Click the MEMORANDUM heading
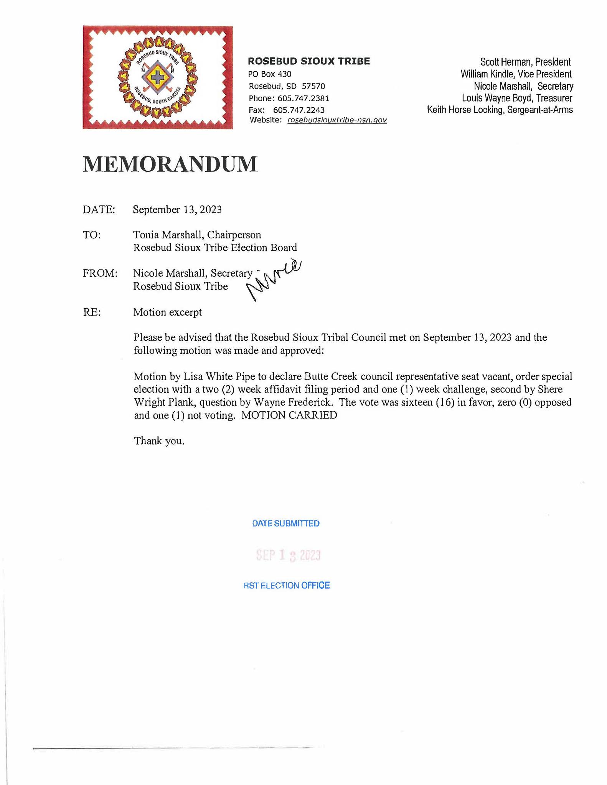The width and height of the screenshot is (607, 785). [170, 164]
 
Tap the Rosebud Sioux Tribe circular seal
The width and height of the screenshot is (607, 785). [158, 78]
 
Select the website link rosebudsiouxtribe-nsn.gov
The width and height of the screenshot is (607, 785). [337, 120]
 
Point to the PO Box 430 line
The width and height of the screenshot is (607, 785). [270, 74]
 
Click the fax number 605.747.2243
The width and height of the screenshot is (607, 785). [299, 110]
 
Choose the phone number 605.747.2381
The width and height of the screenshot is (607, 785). [303, 98]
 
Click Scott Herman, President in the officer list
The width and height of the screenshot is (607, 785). [525, 62]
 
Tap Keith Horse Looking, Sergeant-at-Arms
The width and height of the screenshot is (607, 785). [500, 110]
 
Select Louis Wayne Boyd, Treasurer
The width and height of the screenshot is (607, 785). [517, 98]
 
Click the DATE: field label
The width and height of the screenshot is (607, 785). [99, 210]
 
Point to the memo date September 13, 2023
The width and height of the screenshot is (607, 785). [177, 210]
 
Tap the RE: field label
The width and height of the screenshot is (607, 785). [92, 312]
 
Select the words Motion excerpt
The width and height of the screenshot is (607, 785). [167, 312]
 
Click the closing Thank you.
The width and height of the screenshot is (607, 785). [159, 441]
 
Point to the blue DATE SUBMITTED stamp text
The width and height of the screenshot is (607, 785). [286, 524]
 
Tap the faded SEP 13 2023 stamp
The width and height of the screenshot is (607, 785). [288, 555]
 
